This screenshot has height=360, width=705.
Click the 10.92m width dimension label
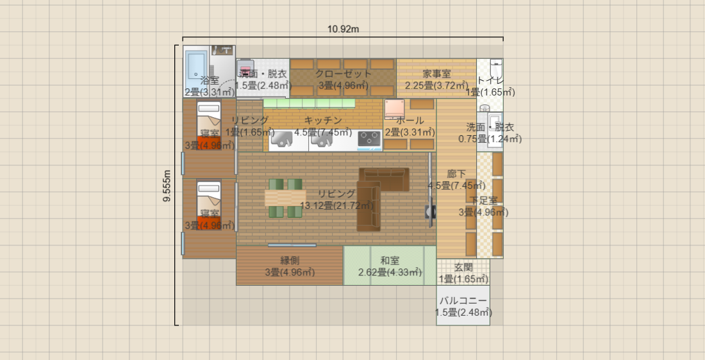343,29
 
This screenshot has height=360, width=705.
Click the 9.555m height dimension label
167,186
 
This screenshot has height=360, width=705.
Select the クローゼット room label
343,74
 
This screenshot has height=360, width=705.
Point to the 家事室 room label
436,74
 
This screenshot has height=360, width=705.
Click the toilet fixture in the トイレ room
495,69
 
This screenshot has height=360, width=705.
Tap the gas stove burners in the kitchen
369,138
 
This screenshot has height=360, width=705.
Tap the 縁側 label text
290,260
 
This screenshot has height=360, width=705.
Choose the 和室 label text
390,260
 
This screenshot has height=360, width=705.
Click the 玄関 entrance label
463,267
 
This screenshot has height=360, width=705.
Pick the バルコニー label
463,300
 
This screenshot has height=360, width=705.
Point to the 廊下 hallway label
456,174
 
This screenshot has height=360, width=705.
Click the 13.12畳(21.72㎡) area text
336,206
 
